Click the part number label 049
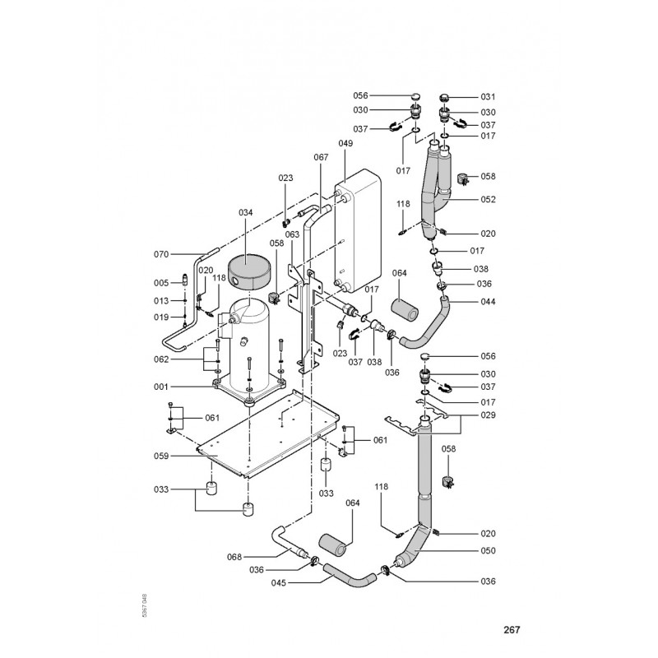[x=345, y=144]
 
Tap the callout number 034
[x=245, y=212]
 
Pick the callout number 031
[x=488, y=97]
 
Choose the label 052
[x=488, y=199]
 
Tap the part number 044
[x=488, y=301]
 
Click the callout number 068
[x=234, y=558]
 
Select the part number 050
[x=488, y=550]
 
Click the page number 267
[x=512, y=631]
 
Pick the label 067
[x=320, y=157]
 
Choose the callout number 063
[x=292, y=235]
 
